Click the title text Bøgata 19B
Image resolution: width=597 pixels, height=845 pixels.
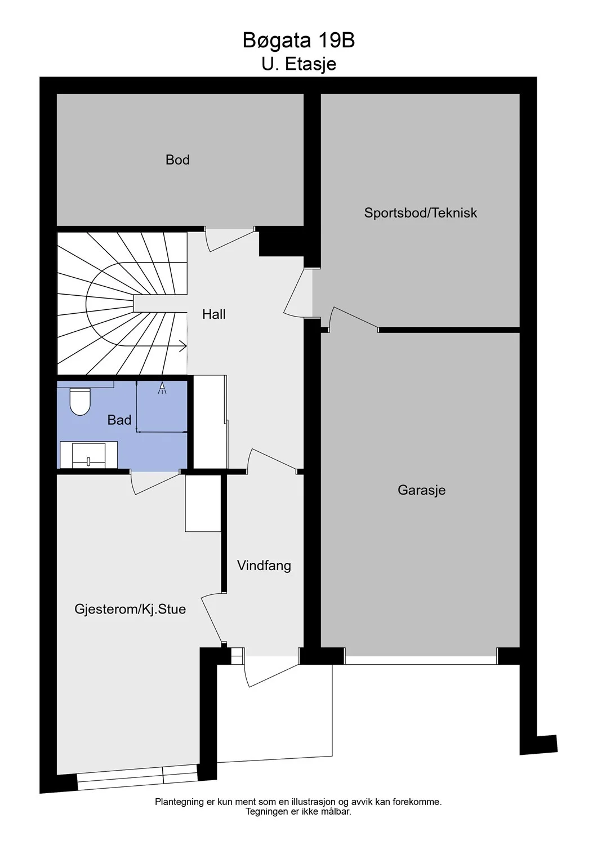point(298,41)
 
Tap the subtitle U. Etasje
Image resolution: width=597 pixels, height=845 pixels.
point(298,64)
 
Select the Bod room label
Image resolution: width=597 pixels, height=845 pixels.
point(177,160)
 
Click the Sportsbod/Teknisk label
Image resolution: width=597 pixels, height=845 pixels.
point(421,213)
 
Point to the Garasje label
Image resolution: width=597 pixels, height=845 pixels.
point(421,490)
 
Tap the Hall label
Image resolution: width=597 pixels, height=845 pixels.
point(214,314)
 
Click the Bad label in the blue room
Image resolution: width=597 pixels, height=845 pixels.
point(119,420)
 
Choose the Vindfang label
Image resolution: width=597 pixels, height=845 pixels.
point(264,566)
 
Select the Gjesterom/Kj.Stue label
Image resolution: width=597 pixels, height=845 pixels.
point(130,609)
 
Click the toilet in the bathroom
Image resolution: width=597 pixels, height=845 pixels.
point(80,401)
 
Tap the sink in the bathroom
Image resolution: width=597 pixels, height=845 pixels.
point(89,455)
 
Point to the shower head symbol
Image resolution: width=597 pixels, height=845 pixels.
point(162,388)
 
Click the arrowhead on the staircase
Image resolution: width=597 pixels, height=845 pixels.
point(183,345)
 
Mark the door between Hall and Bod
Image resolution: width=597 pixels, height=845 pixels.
point(230,241)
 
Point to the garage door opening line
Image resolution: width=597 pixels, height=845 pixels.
point(421,660)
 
